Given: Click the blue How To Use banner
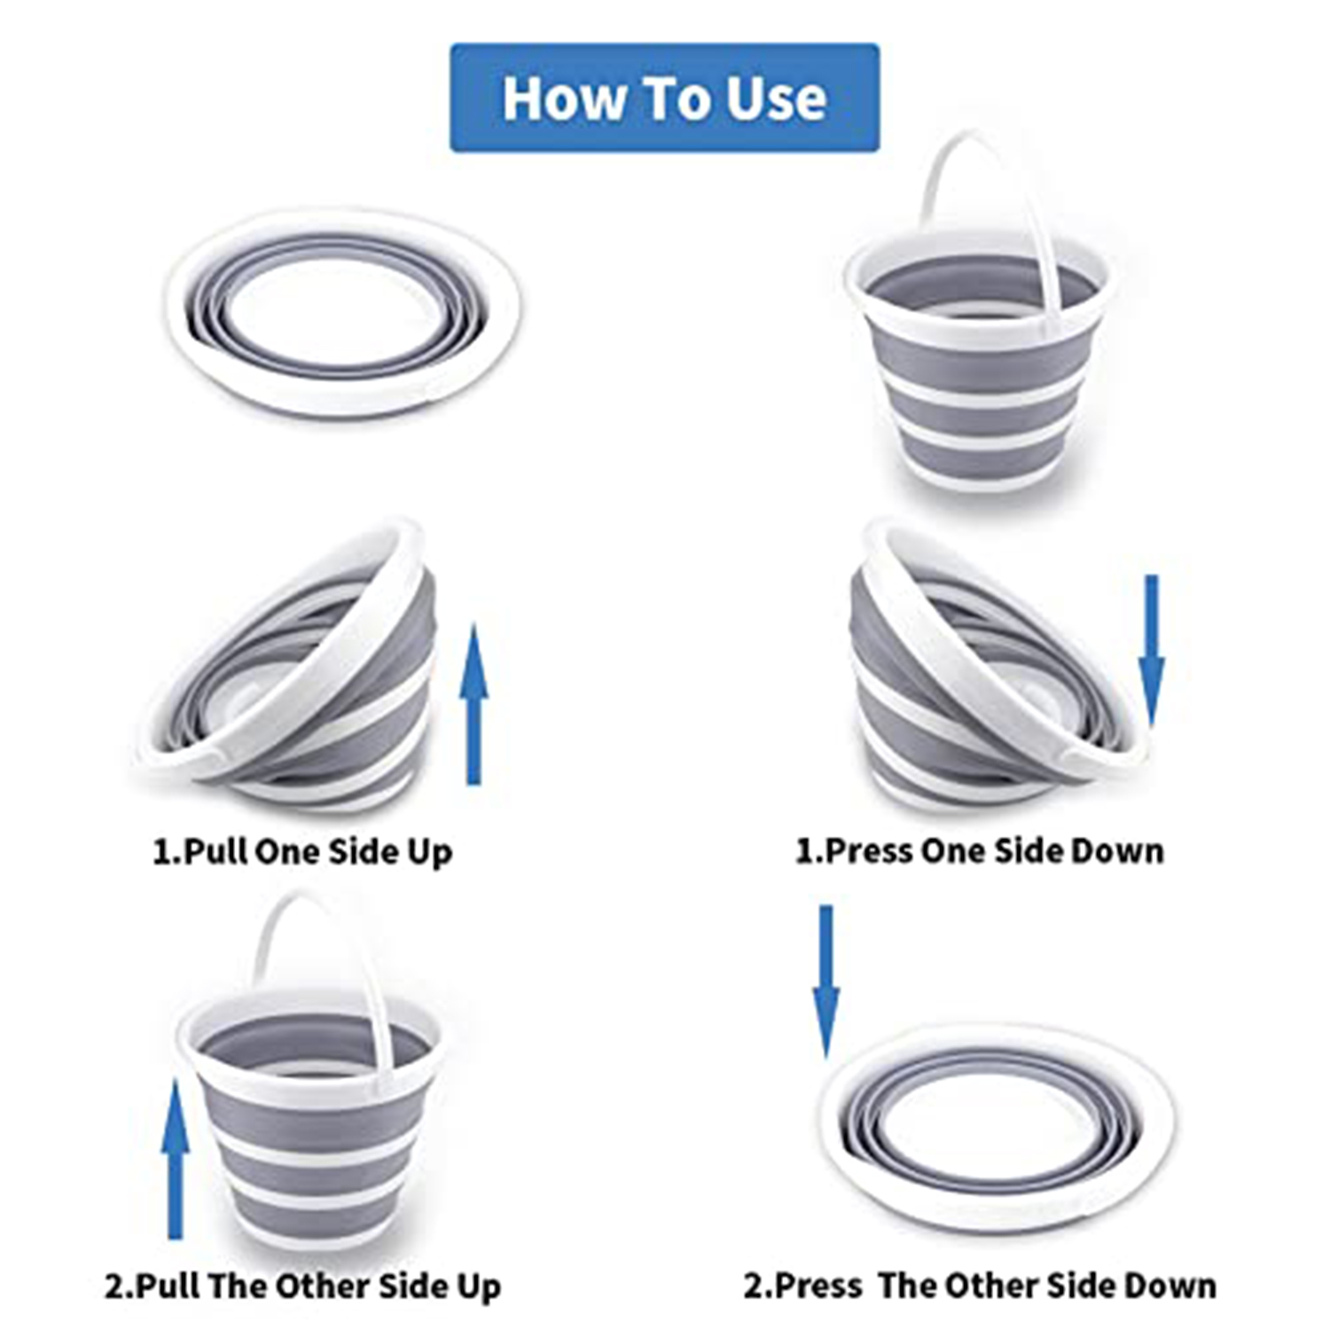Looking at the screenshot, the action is coord(665,98).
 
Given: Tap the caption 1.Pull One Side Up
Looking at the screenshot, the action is coord(302,852).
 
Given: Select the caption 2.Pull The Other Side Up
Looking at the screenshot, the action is coord(303,1287).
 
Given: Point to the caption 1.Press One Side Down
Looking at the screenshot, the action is coord(980,851).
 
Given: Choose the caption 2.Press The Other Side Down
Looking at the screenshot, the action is coord(980,1286).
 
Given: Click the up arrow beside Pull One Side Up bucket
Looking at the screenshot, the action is coord(474,704).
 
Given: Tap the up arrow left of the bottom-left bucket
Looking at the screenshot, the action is coord(176,1159).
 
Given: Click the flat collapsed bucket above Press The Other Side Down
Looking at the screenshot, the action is coord(997,1127).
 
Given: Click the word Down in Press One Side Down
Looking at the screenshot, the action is coord(1118,851).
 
